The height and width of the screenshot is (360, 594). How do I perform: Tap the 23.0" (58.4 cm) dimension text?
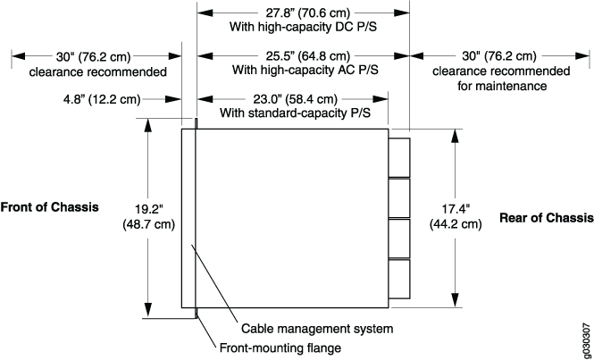(295, 99)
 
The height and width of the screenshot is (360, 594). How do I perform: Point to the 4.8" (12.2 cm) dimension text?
(102, 99)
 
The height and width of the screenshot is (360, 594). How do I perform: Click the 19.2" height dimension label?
(148, 216)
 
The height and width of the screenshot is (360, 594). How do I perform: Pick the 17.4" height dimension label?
(456, 216)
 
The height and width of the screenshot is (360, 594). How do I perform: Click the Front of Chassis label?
(50, 207)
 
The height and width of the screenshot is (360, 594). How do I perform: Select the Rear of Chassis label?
(547, 218)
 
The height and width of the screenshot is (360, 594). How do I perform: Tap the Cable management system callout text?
(317, 328)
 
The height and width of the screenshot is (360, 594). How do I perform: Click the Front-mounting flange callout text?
(280, 347)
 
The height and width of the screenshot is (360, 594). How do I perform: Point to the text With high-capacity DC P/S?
(303, 28)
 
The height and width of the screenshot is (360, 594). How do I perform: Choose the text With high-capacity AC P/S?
(305, 70)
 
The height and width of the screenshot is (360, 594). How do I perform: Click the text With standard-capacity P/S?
(295, 113)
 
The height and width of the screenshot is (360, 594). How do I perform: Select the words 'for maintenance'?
(502, 86)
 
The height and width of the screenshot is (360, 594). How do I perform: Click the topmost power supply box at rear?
(399, 157)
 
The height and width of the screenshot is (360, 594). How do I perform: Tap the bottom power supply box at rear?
(399, 279)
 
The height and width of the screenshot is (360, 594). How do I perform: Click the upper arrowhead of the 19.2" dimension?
(148, 125)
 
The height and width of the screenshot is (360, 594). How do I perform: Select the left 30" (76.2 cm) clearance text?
(94, 56)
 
